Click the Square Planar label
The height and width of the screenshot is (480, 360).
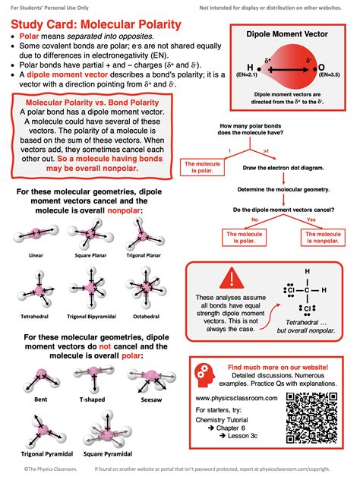[90, 256]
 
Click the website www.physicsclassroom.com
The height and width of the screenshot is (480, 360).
[234, 398]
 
